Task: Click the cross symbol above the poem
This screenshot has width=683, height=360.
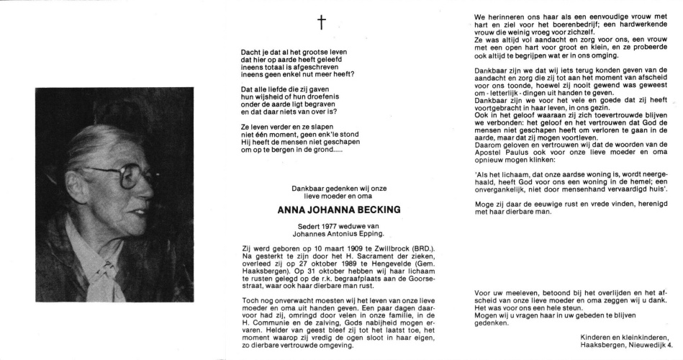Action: click(x=321, y=23)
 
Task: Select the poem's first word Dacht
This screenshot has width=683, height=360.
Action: click(x=250, y=53)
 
